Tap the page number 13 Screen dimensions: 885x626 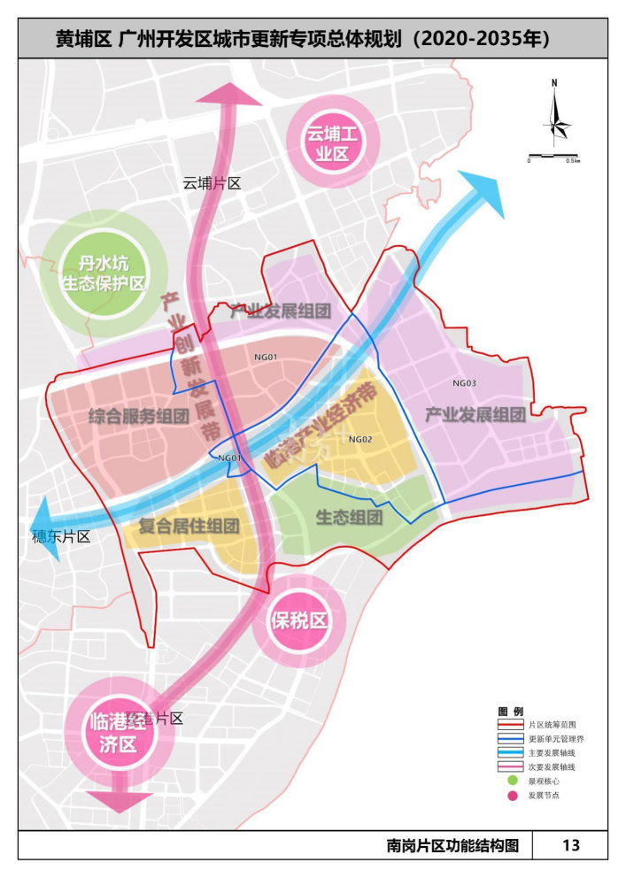tap(571, 845)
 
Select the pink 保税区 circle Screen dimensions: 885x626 tap(298, 620)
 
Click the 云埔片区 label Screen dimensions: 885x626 tap(212, 183)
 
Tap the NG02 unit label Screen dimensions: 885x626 tap(360, 440)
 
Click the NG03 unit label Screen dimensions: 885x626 tap(464, 383)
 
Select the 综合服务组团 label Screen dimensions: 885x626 tap(139, 416)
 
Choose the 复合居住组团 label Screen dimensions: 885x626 tap(190, 526)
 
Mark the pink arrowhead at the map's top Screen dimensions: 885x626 tap(234, 93)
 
